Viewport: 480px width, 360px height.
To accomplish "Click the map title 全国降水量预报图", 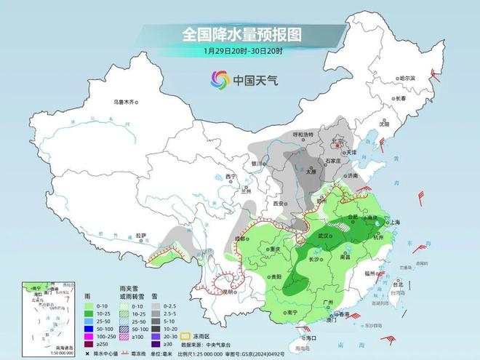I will tap(241, 33).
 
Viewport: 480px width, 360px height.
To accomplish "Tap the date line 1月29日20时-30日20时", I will tap(241, 52).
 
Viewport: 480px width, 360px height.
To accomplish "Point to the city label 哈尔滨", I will tap(407, 77).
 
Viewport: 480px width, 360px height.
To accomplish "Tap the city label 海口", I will tap(310, 337).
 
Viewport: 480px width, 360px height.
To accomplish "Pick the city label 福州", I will tap(370, 273).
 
